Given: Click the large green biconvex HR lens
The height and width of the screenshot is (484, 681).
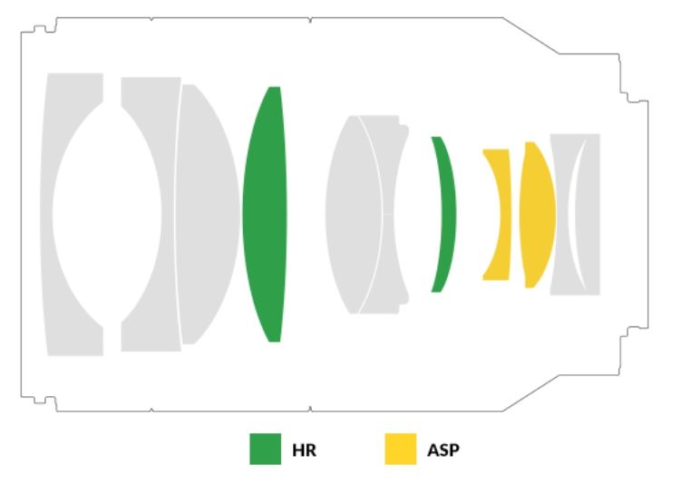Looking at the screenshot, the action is click(x=265, y=214).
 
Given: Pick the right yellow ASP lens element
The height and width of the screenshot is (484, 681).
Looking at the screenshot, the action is click(x=538, y=214).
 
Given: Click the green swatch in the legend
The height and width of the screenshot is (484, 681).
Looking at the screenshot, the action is click(x=265, y=449).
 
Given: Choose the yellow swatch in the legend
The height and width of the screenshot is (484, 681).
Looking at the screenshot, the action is click(x=401, y=449).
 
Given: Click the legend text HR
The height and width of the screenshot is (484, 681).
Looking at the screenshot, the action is click(x=304, y=450).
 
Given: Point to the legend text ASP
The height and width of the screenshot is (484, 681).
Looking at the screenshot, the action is click(x=443, y=450).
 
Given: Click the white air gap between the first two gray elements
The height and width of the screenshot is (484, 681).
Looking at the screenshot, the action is click(x=107, y=214).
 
